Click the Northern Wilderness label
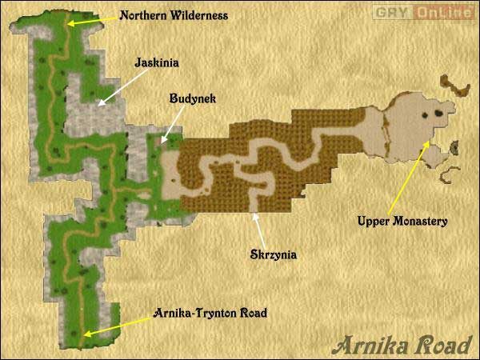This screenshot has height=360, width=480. (173, 15)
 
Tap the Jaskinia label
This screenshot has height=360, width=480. (155, 60)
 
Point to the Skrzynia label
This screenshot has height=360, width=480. (270, 255)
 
